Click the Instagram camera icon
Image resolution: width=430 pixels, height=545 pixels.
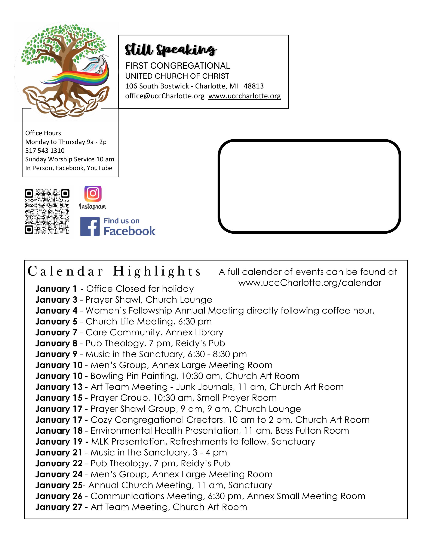tap(93, 194)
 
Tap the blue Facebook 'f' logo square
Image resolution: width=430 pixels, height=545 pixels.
tap(90, 226)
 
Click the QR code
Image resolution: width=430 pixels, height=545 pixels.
tap(47, 212)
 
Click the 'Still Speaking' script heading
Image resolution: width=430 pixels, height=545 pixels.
tap(171, 50)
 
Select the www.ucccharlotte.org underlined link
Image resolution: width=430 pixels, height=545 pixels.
tap(244, 96)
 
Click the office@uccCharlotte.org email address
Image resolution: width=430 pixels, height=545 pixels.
tap(165, 96)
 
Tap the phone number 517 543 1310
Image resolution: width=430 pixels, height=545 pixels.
tap(45, 151)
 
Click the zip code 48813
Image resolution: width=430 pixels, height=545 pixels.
tap(254, 86)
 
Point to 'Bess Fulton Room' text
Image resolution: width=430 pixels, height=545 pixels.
tap(312, 431)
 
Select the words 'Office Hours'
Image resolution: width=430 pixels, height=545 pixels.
tap(43, 133)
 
